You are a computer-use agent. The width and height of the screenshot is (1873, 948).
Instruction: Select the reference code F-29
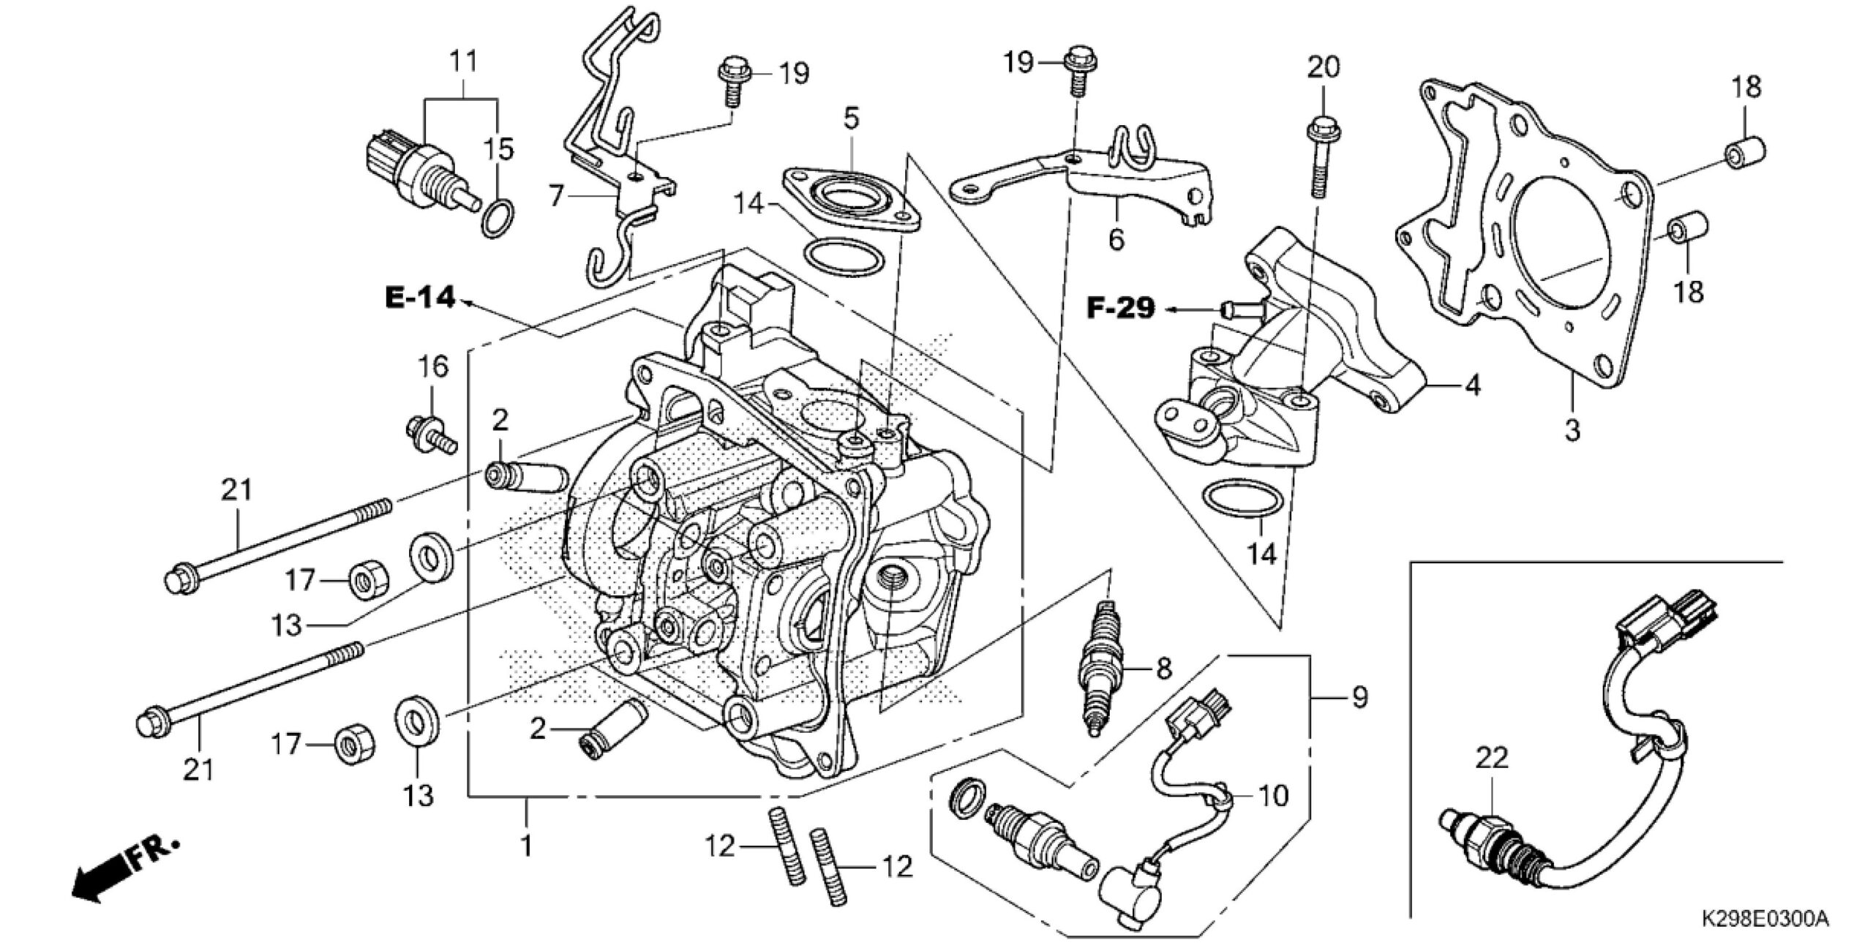tap(1120, 309)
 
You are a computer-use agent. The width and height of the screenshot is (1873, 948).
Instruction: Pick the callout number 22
tap(1491, 758)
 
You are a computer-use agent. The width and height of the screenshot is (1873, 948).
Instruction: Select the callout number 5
tap(851, 118)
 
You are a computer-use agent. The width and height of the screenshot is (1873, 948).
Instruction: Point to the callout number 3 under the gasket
tap(1572, 429)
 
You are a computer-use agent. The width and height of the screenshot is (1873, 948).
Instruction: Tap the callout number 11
tap(462, 61)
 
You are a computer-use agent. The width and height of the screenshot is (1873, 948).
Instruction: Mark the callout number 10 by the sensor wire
tap(1272, 795)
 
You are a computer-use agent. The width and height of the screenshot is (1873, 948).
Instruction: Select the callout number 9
tap(1359, 697)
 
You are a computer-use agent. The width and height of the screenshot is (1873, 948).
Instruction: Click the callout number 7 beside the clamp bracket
tap(557, 196)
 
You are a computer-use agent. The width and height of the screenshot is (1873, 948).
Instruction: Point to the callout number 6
tap(1116, 238)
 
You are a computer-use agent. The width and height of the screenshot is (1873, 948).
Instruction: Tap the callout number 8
tap(1163, 668)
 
